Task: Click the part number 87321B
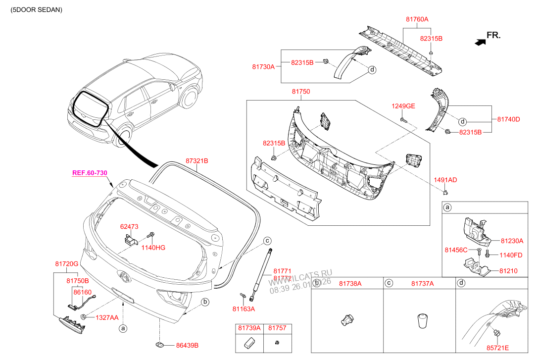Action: click(x=197, y=161)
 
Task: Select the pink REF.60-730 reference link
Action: click(x=90, y=173)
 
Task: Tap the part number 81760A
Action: click(x=417, y=19)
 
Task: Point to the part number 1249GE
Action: click(x=403, y=106)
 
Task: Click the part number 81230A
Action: click(x=511, y=241)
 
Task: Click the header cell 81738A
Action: click(x=350, y=283)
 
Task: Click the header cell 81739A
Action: click(x=249, y=328)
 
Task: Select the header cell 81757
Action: click(x=277, y=328)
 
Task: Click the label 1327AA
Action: click(x=107, y=317)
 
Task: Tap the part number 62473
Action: click(x=129, y=226)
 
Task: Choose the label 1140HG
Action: click(x=153, y=247)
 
